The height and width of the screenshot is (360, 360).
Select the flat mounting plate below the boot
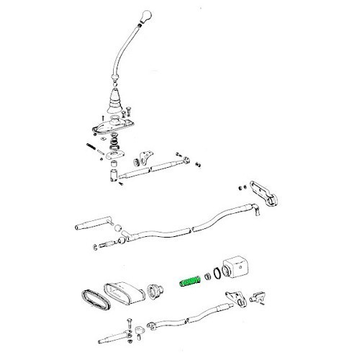(x=116, y=129)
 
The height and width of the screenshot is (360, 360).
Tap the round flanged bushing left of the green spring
(x=153, y=291)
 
